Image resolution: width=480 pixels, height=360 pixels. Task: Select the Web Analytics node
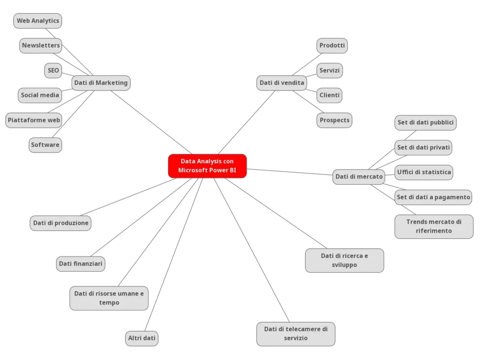coord(38,21)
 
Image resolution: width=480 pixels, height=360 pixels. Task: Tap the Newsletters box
coord(41,45)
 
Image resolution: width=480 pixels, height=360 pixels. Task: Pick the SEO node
coord(53,70)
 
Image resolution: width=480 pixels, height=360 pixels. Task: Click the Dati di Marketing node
coord(101,83)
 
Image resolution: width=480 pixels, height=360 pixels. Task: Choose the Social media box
coord(40,95)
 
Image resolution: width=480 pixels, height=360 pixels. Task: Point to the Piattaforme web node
coord(34,120)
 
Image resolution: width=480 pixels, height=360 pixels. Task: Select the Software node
coord(45,145)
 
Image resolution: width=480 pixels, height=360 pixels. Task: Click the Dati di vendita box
coord(282,83)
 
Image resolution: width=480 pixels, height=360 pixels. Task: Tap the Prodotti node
coord(332,45)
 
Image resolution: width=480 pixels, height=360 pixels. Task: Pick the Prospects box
coord(334,120)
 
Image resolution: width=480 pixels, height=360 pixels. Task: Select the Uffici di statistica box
coord(424,172)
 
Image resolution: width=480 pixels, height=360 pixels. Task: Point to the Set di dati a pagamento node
coord(433,197)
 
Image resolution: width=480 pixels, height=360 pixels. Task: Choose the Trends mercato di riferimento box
coord(434,226)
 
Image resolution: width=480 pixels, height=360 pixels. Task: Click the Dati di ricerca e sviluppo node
coord(344,260)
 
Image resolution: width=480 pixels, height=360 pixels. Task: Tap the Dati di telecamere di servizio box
coord(295,333)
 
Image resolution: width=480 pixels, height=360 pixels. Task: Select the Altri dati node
coord(142,338)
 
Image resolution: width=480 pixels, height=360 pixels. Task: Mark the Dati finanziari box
coord(80,263)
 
